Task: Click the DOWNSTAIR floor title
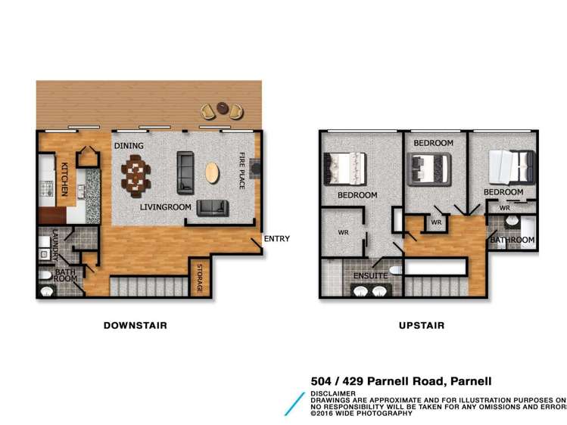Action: [135, 325]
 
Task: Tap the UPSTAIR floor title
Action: [421, 325]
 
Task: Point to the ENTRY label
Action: [276, 239]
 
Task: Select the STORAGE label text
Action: [200, 278]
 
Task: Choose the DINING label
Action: [129, 146]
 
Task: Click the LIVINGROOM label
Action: [165, 206]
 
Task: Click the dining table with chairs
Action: [136, 174]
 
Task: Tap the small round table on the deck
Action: [222, 108]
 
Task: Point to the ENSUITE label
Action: [370, 276]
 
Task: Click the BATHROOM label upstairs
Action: [512, 240]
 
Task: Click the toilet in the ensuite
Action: [392, 270]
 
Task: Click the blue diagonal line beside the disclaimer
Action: [294, 403]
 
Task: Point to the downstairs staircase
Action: [148, 287]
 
